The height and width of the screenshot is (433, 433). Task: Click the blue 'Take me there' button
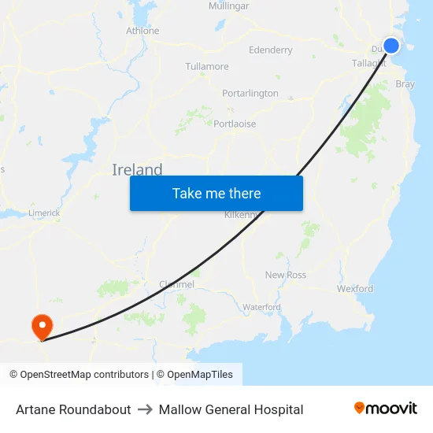[216, 193]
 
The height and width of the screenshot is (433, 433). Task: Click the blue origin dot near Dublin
[390, 46]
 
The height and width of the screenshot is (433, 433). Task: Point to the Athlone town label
[142, 31]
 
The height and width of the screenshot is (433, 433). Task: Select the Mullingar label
[228, 6]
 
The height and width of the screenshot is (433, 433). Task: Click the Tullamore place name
[207, 67]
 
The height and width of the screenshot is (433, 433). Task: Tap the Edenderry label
[270, 50]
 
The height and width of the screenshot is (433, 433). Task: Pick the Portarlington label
[250, 93]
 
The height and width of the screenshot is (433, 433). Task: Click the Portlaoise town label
[235, 124]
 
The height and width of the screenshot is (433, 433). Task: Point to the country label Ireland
[137, 170]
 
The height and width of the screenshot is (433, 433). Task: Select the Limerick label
[44, 213]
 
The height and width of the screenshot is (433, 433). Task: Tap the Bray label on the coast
[405, 83]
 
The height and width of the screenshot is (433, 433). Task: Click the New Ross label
[285, 275]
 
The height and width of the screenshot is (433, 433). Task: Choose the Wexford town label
[355, 289]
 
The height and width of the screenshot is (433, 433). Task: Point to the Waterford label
[261, 307]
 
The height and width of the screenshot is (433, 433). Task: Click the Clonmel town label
[176, 284]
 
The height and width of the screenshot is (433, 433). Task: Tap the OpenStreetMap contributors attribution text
[80, 375]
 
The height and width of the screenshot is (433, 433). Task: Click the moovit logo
[386, 409]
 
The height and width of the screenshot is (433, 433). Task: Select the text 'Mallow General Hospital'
[231, 409]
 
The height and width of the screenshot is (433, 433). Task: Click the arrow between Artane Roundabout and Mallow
[145, 409]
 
